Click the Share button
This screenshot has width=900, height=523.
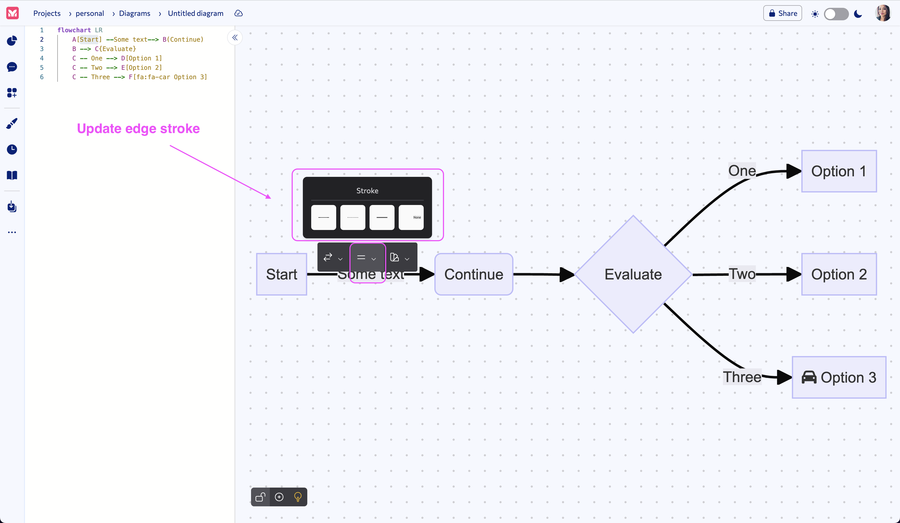coord(783,13)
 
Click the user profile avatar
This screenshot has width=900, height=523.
coord(883,13)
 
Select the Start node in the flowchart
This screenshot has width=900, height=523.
coord(282,274)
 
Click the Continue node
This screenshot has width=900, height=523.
coord(474,274)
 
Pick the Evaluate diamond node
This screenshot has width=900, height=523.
coord(633,274)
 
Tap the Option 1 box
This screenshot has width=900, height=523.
coord(839,171)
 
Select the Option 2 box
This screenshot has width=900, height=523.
coord(839,274)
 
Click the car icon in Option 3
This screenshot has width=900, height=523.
coord(809,377)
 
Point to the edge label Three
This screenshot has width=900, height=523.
coord(742,377)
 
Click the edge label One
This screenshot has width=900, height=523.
coord(742,171)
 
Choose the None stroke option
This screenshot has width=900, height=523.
coord(411,217)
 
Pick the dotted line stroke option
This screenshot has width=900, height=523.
coord(353,217)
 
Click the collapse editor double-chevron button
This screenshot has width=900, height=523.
coord(235,38)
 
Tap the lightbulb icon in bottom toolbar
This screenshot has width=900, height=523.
coord(297,497)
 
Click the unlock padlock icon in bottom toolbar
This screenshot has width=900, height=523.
coord(260,497)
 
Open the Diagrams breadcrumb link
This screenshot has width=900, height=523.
coord(134,13)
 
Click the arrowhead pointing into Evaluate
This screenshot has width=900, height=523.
coord(566,274)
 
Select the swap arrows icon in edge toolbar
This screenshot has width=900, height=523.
coord(328,257)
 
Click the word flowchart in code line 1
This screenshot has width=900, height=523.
coord(74,30)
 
